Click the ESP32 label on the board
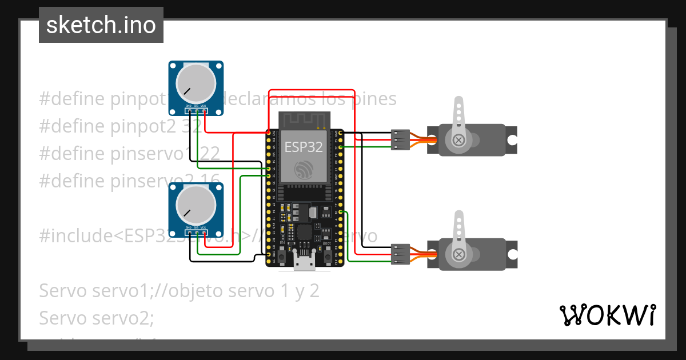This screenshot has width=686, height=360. [304, 147]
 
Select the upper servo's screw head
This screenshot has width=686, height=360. [458, 139]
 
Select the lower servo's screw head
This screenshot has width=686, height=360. [458, 253]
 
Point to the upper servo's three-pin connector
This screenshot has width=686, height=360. [400, 140]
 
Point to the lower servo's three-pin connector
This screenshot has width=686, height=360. [400, 254]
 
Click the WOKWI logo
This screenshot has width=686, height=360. [607, 315]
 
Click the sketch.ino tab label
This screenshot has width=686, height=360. [101, 25]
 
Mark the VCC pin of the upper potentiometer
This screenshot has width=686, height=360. [204, 111]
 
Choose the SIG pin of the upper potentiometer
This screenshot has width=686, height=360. [197, 111]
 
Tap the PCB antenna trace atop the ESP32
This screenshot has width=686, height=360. [304, 121]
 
